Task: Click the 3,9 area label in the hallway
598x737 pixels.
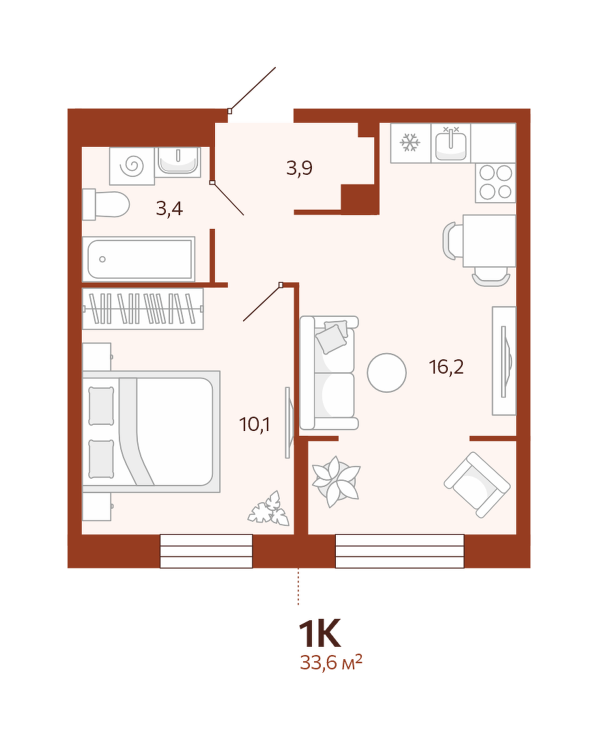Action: point(299,168)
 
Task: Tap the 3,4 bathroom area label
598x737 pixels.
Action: point(169,208)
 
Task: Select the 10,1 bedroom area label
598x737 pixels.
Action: point(254,424)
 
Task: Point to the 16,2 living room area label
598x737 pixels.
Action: point(446,367)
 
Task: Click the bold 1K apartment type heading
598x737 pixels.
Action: point(319,634)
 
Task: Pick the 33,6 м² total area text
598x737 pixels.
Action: point(331,663)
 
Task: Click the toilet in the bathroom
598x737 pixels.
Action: point(106,204)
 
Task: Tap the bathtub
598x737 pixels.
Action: point(139,259)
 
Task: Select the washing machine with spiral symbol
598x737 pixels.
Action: point(132,165)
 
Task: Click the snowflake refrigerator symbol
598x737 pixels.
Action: point(410,143)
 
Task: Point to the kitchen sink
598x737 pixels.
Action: point(451,143)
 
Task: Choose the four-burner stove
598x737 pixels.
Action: point(496,183)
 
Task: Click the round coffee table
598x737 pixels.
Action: point(386,373)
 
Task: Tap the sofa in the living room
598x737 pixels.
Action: point(329,373)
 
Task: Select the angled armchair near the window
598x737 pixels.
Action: point(477,485)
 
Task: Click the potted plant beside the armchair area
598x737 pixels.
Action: point(336,482)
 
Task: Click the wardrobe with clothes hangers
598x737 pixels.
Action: point(143,308)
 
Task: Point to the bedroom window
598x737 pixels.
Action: point(206,551)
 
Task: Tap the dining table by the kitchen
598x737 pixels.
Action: point(489,240)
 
